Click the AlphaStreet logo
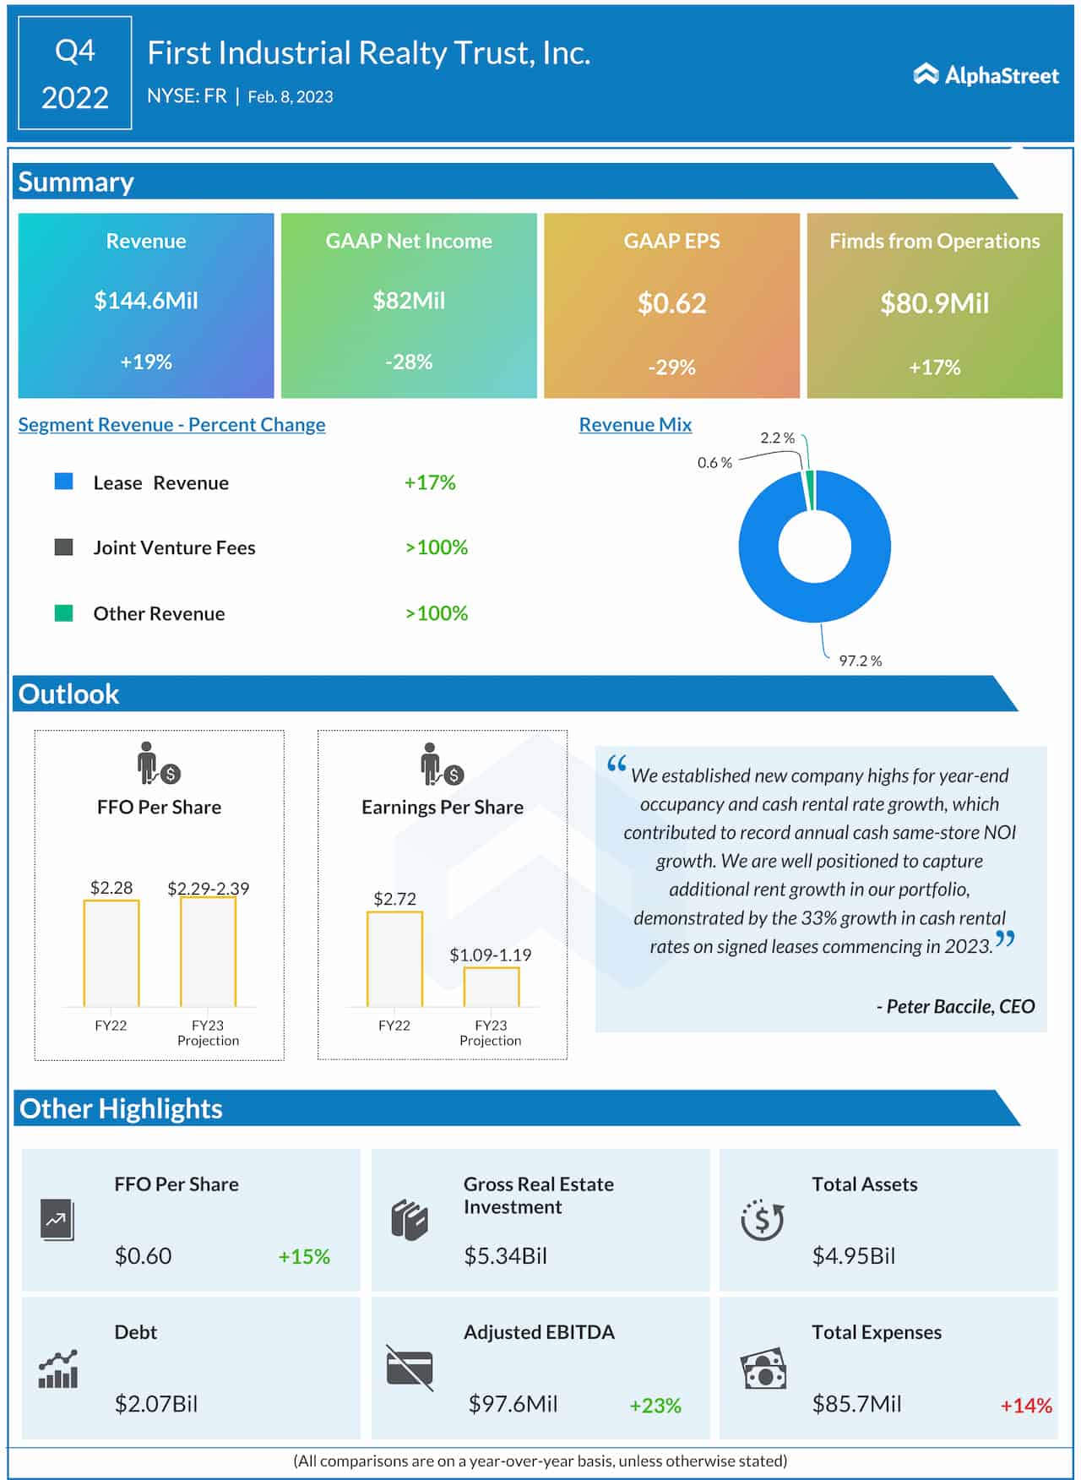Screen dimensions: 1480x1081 [986, 75]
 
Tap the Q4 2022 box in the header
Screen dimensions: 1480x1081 [75, 73]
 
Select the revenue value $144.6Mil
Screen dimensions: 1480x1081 [146, 301]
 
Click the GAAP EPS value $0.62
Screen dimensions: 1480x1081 [671, 303]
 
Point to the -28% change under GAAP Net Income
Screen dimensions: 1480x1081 [409, 362]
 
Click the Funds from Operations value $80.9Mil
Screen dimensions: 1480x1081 [934, 303]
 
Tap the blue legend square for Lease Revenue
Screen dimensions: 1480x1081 [64, 482]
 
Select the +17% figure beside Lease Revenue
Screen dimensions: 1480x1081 [429, 482]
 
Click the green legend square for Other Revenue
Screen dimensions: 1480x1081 [64, 613]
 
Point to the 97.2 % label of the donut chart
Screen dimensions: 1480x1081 [860, 661]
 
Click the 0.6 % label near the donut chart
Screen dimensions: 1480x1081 [714, 463]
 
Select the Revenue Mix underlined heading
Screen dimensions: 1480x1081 [635, 425]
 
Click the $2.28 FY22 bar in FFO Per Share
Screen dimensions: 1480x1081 [111, 953]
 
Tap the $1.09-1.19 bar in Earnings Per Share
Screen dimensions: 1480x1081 [491, 987]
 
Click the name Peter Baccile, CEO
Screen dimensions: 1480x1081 [955, 1006]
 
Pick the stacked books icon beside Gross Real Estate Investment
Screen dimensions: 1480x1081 [410, 1220]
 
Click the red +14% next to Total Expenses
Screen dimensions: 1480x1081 [1025, 1406]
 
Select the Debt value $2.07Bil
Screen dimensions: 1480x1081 [156, 1404]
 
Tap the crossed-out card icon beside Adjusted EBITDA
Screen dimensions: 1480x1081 [410, 1368]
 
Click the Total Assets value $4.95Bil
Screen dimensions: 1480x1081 [853, 1256]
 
